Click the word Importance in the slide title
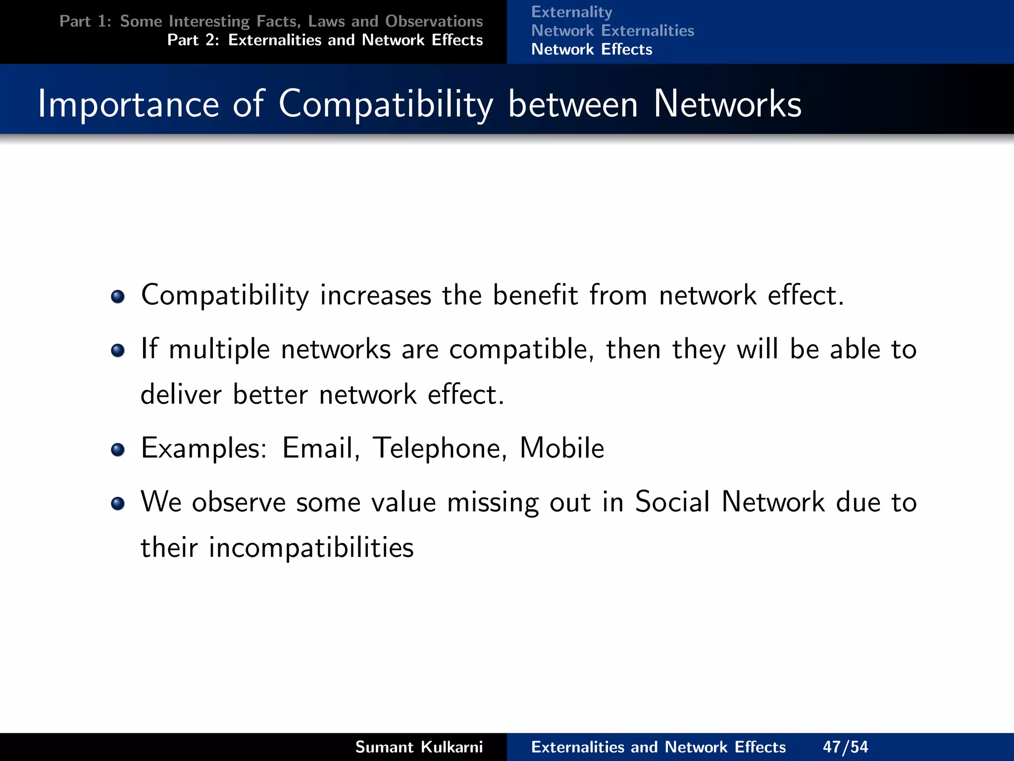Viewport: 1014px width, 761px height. tap(128, 104)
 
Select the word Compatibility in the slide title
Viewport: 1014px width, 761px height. tap(386, 104)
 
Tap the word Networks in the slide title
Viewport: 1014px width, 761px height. tap(727, 104)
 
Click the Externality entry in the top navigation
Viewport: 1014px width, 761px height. tap(571, 12)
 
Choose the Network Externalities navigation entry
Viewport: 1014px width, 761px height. tap(612, 31)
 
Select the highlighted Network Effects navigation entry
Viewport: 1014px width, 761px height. tap(592, 50)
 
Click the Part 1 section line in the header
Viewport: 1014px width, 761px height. tap(271, 21)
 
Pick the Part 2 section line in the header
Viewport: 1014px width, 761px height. tap(325, 40)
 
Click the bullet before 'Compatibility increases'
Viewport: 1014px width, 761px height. tap(118, 297)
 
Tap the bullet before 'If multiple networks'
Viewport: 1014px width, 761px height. tap(118, 351)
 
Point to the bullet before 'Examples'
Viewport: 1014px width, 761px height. tap(118, 449)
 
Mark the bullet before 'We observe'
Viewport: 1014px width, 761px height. tap(118, 503)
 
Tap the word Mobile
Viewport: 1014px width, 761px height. tap(562, 448)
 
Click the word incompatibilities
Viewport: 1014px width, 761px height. tap(311, 548)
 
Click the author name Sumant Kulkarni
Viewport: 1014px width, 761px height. tap(419, 747)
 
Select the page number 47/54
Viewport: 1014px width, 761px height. tap(845, 747)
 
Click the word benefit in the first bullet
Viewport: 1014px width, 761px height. tap(535, 296)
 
